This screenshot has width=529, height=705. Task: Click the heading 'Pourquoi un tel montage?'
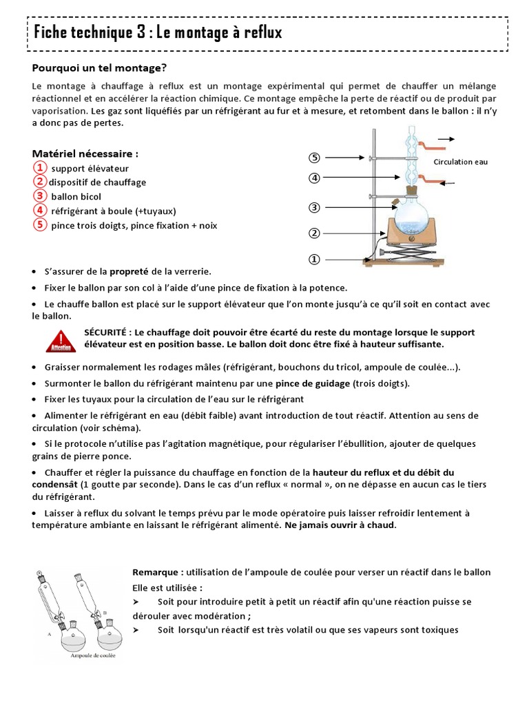coord(100,67)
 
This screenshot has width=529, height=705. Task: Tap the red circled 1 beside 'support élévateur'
coord(40,167)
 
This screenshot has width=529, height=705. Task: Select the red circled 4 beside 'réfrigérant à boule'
coord(40,210)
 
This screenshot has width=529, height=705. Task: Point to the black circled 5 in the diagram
coord(314,158)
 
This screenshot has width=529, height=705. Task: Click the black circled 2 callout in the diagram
coord(314,233)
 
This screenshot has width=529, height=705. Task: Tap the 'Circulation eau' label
coord(460,162)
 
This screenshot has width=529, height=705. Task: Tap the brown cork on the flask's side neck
coord(395,204)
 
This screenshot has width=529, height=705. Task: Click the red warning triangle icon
coord(61,339)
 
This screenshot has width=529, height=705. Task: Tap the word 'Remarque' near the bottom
coord(156,572)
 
